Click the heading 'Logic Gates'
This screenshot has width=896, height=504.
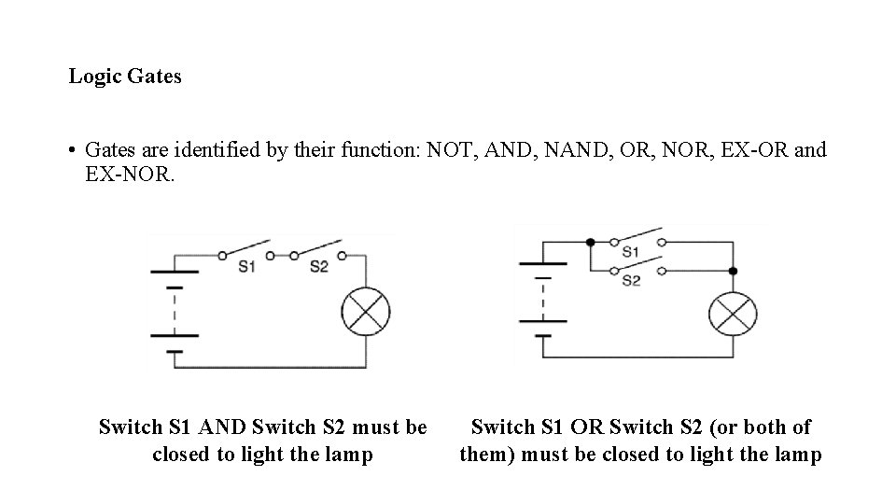(x=125, y=77)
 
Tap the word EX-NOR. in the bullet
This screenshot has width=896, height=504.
(x=129, y=174)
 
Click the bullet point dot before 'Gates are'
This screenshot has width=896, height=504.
(x=71, y=150)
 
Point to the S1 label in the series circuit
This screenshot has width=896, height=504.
(x=245, y=267)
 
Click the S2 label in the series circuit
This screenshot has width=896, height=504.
(x=319, y=267)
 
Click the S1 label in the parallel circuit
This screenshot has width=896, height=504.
(x=631, y=252)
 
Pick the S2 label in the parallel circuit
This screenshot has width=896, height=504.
(x=631, y=281)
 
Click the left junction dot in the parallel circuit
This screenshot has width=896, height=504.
(x=590, y=242)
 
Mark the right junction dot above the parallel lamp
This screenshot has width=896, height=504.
(x=733, y=271)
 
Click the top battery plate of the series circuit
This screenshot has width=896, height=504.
(x=175, y=272)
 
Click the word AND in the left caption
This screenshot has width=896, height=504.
(x=221, y=427)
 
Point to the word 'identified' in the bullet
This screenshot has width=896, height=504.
(x=222, y=150)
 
